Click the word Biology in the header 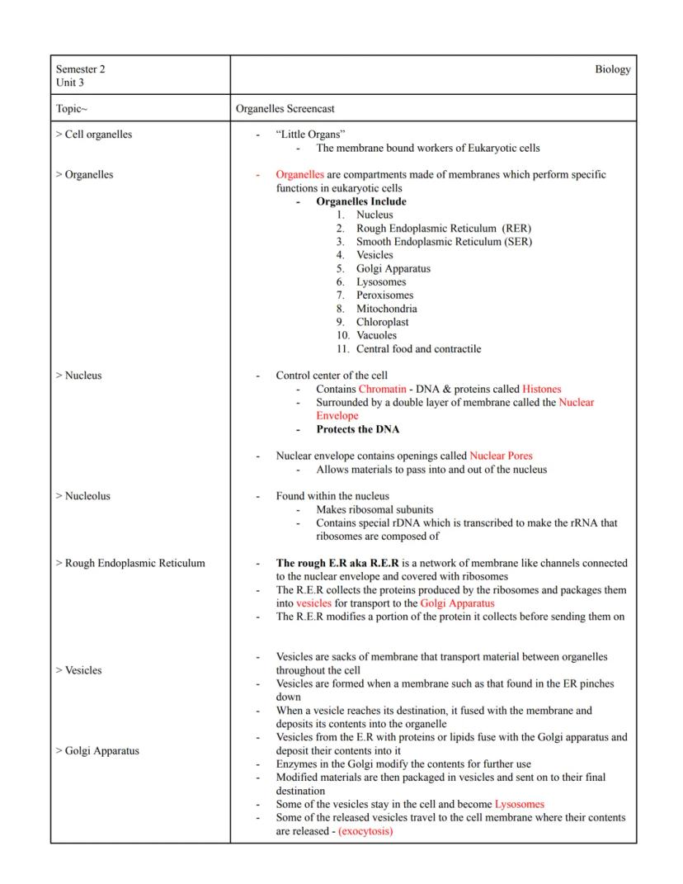tap(612, 69)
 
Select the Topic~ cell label tap(72, 108)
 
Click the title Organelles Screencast tap(285, 108)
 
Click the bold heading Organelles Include tap(360, 201)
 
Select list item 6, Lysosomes tap(381, 281)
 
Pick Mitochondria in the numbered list tap(386, 309)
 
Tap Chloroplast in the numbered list tap(382, 322)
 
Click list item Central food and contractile tap(418, 348)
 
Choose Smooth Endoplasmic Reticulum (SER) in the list tap(444, 242)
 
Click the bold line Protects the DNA tap(357, 429)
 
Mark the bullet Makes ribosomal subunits tap(374, 509)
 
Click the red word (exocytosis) tap(365, 831)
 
